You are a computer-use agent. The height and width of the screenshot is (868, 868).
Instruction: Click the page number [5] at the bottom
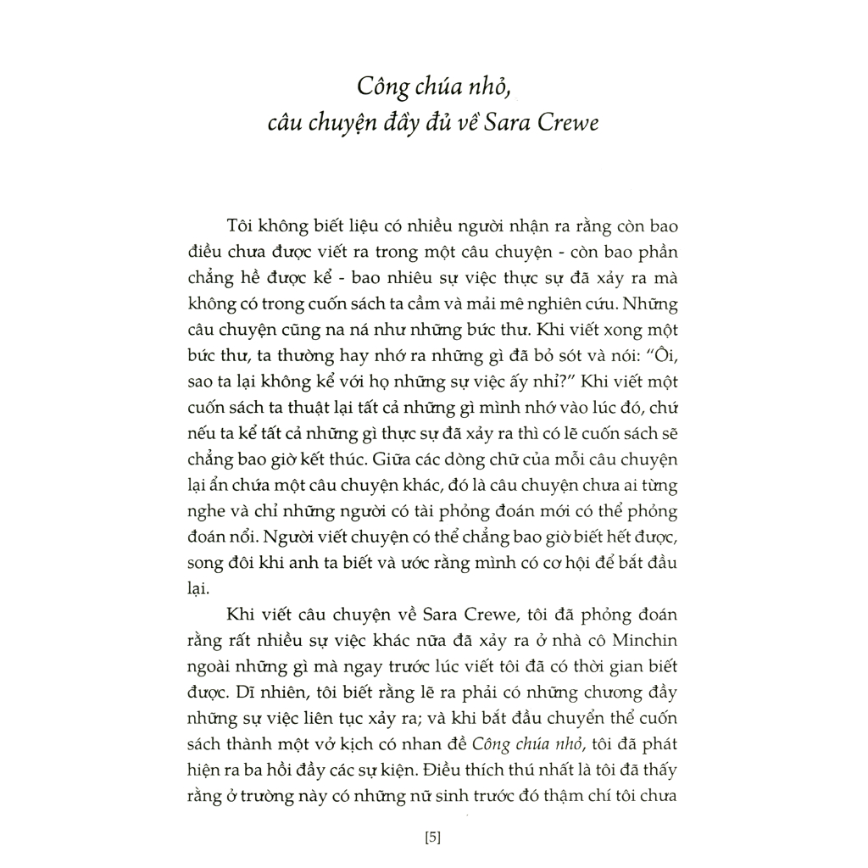tap(432, 839)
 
